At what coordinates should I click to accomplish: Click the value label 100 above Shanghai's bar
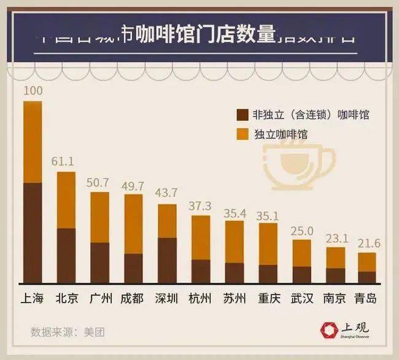pos(33,91)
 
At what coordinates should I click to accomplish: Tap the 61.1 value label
pos(66,162)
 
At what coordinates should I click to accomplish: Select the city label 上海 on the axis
pos(33,299)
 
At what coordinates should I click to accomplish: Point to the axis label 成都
pos(133,299)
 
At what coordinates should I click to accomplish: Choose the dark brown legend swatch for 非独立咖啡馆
pos(241,115)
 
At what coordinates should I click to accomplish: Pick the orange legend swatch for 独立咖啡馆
pos(241,134)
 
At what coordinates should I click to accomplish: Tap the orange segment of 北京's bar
pos(66,200)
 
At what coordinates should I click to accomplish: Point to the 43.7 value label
pos(166,194)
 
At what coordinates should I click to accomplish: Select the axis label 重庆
pos(268,299)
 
